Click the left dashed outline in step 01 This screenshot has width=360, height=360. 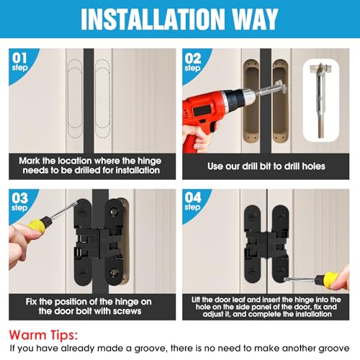click(x=73, y=94)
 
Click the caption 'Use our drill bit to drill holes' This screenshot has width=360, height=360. click(x=266, y=166)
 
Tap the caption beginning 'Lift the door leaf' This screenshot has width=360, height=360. click(x=266, y=305)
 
